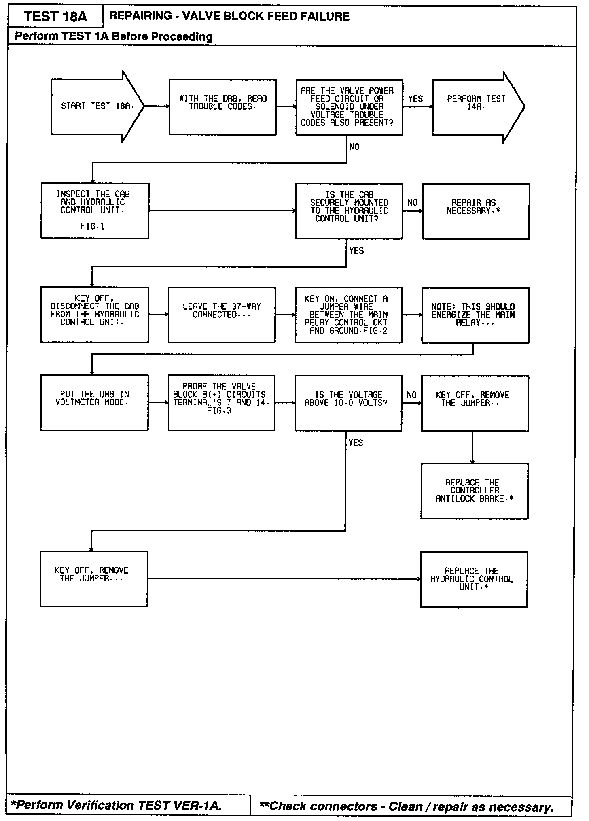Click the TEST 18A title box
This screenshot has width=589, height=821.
coord(55,17)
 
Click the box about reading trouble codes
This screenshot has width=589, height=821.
coord(222,107)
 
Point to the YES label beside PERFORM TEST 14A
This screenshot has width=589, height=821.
coord(415,99)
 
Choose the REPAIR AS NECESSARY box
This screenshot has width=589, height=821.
coord(476,211)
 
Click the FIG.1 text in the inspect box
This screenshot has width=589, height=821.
coord(92,227)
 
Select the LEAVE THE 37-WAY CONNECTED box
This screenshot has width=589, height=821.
coord(222,315)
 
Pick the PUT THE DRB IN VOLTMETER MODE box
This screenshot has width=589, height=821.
coord(94,402)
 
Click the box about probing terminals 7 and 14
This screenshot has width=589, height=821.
coord(222,402)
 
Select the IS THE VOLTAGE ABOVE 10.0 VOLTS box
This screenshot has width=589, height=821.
coord(348,402)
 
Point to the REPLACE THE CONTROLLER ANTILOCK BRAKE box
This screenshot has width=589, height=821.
coord(474,491)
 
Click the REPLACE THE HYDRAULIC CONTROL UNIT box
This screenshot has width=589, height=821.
coord(474,579)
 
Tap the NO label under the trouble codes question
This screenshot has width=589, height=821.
coord(354,147)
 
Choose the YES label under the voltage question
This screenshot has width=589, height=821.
coord(356,443)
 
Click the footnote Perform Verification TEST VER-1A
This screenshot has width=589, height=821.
coord(117,806)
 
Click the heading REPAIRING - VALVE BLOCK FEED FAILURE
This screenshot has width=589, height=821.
coord(229,17)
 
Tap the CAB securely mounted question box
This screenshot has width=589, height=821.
coord(349,211)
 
